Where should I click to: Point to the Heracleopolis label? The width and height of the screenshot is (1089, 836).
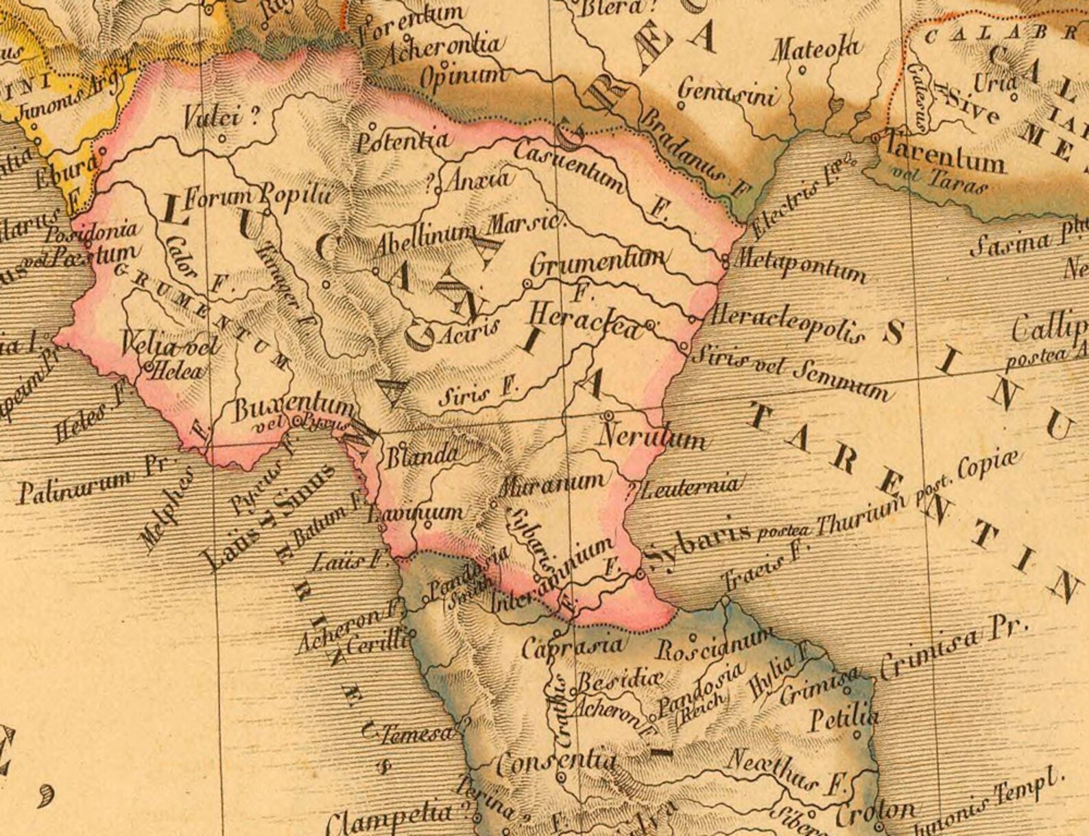786,324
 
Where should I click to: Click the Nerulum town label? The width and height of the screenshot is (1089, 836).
652,437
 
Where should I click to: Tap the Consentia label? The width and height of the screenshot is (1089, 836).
556,762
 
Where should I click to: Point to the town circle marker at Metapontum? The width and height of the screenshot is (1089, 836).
726,259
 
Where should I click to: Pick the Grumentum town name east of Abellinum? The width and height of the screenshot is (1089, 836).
597,261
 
